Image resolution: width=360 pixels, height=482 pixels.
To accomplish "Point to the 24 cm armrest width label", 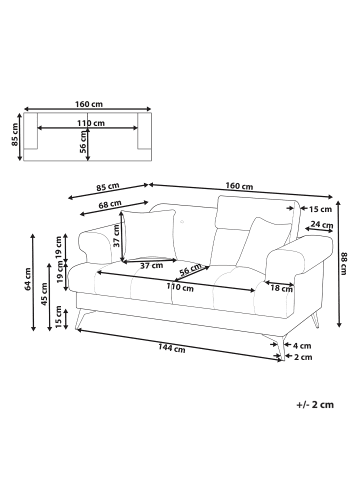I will click(x=321, y=225).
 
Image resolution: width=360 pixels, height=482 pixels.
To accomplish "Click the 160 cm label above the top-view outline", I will click(x=89, y=104).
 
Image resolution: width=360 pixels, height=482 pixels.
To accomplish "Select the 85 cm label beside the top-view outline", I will click(x=13, y=133).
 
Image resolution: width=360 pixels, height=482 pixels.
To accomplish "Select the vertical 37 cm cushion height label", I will click(x=116, y=237).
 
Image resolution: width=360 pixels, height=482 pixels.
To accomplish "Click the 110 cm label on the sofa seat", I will click(x=180, y=288).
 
